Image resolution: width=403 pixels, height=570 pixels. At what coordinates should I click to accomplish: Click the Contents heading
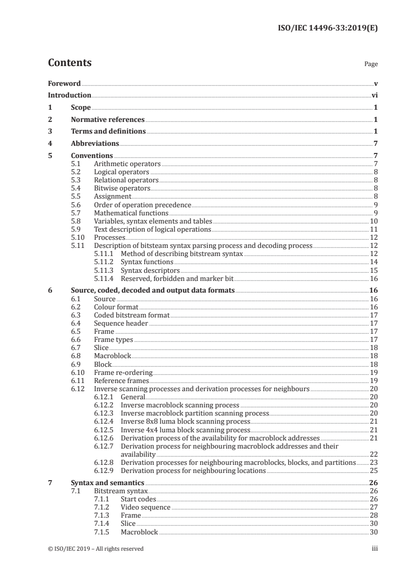coord(70,63)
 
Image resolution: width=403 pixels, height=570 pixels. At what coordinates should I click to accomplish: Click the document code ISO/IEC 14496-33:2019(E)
coord(328,28)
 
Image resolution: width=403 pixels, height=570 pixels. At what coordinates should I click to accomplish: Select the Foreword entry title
coord(64,83)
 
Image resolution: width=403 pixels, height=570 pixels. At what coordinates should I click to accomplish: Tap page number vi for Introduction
coord(374,95)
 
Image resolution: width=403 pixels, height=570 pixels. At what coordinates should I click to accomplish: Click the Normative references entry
coord(108,120)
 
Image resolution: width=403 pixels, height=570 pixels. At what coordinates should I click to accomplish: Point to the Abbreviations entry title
coord(95,144)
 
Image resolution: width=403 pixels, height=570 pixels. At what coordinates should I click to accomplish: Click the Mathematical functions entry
coord(131,213)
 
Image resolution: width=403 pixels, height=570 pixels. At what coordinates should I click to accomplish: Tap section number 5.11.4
coord(104,278)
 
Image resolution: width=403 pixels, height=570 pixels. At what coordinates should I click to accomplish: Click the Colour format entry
coord(116,307)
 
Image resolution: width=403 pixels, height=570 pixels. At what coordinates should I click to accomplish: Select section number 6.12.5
coord(104,429)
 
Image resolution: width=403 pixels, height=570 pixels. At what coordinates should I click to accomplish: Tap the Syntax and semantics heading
coord(108,483)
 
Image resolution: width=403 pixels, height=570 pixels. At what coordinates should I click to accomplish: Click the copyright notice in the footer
coord(96,549)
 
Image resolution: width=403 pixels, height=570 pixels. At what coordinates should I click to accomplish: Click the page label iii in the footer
coord(374,549)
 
